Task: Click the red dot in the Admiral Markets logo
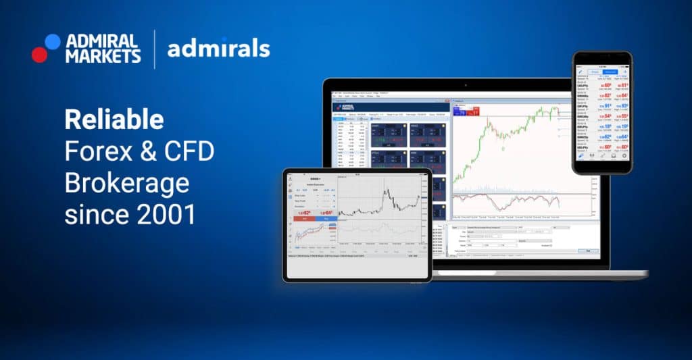point(39,55)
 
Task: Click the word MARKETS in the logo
point(103,56)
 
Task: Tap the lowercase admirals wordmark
point(218,49)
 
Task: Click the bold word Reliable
point(114,120)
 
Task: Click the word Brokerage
point(126,184)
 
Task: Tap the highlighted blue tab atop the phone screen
point(610,71)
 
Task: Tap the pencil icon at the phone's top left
point(580,71)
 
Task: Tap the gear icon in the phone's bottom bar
point(624,156)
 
